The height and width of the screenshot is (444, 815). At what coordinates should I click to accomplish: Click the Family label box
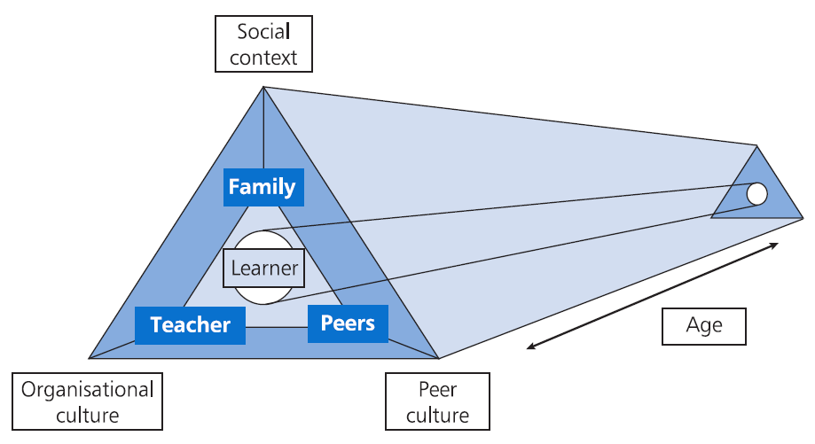262,187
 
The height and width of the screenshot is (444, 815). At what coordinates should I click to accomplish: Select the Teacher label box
190,325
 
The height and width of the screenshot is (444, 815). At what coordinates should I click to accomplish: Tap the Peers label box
348,323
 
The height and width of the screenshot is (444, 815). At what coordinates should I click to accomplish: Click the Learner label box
263,268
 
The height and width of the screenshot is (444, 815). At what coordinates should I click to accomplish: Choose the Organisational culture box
87,401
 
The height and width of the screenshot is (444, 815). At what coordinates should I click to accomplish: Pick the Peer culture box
436,401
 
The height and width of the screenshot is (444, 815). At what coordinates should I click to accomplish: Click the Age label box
704,325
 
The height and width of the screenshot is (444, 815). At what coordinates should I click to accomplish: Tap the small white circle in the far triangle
756,193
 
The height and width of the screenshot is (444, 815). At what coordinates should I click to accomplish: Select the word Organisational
87,389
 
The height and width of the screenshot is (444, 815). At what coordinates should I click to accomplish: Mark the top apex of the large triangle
263,87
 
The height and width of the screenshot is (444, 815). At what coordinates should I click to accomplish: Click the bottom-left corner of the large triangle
90,358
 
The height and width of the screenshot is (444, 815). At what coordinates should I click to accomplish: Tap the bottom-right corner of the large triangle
439,358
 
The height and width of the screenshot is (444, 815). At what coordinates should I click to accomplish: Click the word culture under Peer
436,415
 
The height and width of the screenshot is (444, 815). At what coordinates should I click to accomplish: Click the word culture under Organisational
87,414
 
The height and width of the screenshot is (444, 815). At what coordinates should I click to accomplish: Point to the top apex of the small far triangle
756,146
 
